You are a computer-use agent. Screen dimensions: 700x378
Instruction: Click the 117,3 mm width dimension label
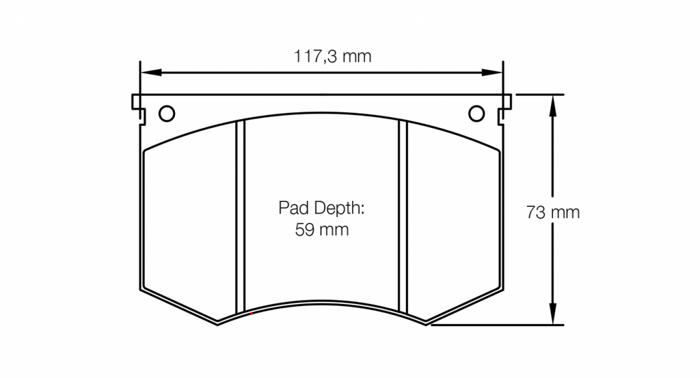coord(332,57)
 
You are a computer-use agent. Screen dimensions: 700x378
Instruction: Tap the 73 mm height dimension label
coord(552,212)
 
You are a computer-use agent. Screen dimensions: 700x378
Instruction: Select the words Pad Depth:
coord(321,208)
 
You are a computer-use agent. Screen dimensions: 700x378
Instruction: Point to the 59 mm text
coord(321,229)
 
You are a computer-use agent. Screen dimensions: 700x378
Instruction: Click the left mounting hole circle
coord(167,114)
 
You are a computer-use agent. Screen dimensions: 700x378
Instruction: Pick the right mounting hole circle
coord(476,114)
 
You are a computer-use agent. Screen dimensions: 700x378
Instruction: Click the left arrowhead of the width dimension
coord(151,73)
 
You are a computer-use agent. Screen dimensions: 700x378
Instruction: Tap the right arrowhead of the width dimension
coord(492,73)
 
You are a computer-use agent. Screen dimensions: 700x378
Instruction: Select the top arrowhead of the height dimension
coord(552,105)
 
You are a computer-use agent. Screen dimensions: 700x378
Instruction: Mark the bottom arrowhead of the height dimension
coord(552,314)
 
